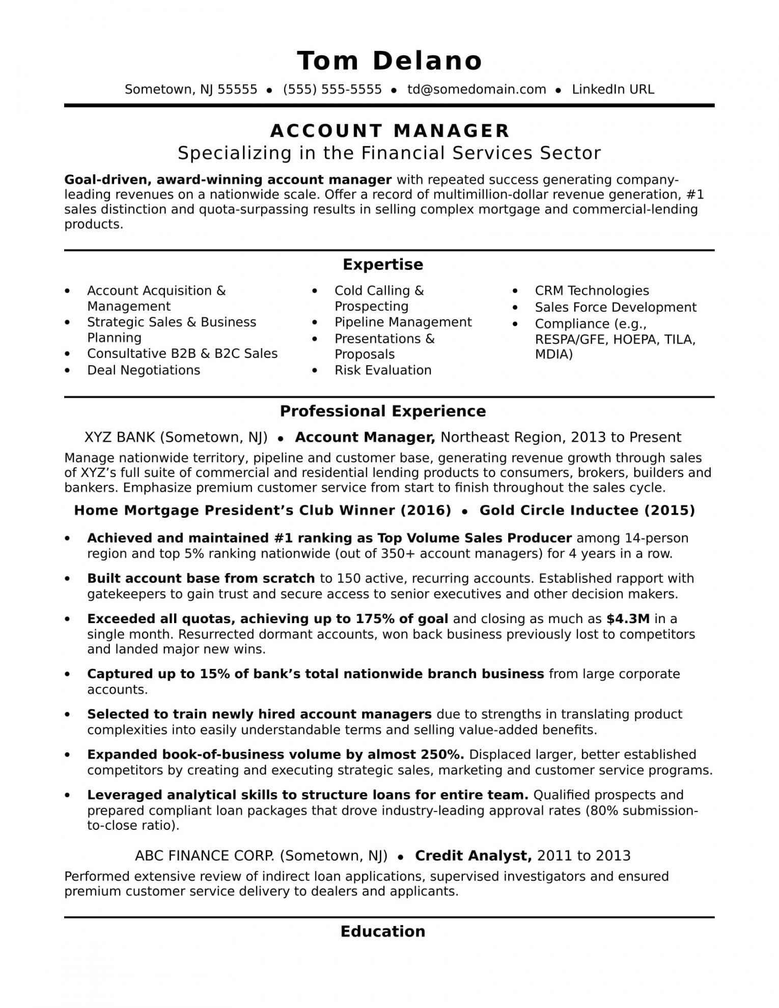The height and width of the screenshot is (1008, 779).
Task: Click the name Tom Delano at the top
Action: click(x=389, y=61)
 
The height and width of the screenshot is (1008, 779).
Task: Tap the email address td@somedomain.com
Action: click(x=477, y=90)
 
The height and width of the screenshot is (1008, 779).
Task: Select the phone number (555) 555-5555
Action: click(x=332, y=90)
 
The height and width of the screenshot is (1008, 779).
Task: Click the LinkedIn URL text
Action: click(x=613, y=90)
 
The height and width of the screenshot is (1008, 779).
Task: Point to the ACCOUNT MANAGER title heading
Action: click(x=389, y=131)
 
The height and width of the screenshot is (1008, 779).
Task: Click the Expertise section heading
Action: click(x=383, y=264)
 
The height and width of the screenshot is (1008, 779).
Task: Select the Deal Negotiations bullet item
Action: click(x=144, y=370)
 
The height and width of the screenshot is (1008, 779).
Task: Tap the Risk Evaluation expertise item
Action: click(x=383, y=370)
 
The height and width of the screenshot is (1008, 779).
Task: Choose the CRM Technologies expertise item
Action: click(x=592, y=291)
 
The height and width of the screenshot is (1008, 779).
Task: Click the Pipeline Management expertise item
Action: click(x=403, y=322)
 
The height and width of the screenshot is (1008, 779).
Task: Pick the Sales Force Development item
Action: click(x=615, y=307)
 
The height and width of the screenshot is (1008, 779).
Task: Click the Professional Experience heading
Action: click(x=383, y=411)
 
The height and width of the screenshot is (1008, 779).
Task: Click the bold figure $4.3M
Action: click(x=628, y=619)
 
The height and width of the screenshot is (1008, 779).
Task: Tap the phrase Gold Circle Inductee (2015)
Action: click(x=587, y=511)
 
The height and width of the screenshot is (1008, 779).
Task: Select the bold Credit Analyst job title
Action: click(x=473, y=856)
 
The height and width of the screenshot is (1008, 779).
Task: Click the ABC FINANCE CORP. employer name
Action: click(x=204, y=856)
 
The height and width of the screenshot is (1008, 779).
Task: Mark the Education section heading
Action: click(x=383, y=932)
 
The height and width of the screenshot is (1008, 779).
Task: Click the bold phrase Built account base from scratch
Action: click(x=201, y=579)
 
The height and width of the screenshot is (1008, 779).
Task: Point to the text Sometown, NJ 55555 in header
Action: click(x=191, y=90)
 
